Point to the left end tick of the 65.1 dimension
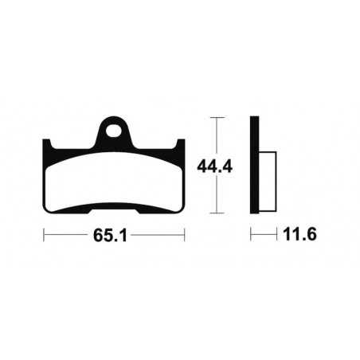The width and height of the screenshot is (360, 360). [x=44, y=236]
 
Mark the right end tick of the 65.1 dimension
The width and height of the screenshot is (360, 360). [x=186, y=236]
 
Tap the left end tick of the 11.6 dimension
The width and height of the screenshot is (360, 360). [x=251, y=236]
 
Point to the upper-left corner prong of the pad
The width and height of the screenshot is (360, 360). [x=49, y=145]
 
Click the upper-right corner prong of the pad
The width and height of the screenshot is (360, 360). [x=182, y=145]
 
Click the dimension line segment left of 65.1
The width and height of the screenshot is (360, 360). [x=68, y=236]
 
